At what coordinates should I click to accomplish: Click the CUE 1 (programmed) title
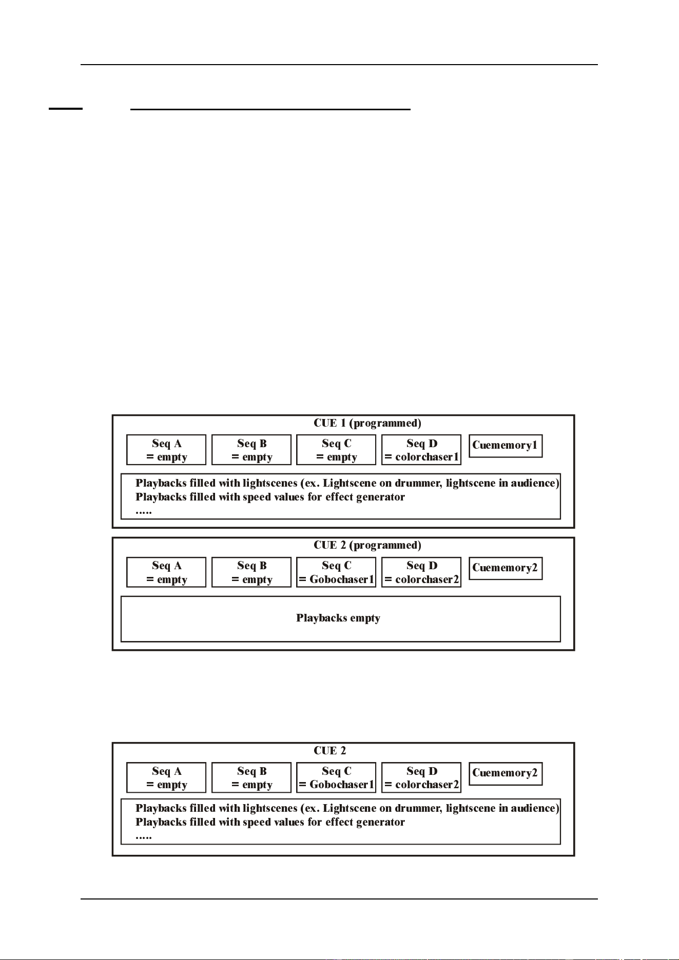pos(367,423)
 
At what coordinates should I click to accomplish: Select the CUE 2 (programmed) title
pos(367,545)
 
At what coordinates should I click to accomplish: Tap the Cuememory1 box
pos(506,446)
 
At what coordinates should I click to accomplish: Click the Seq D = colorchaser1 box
pos(421,450)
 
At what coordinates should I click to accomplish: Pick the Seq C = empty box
pos(336,450)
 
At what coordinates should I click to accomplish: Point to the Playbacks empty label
pos(338,618)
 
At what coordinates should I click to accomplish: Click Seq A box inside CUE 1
pos(166,450)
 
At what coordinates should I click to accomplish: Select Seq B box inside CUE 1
pos(251,450)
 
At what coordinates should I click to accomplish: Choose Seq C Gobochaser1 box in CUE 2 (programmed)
pos(336,572)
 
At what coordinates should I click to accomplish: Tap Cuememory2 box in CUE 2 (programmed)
pos(506,568)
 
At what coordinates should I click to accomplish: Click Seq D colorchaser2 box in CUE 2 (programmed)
pos(421,572)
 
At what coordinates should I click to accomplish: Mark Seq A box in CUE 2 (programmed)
pos(166,572)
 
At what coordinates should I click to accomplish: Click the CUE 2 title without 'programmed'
pos(330,751)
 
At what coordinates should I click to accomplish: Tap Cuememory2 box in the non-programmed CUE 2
pos(506,774)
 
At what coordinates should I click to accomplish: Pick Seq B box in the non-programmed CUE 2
pos(251,777)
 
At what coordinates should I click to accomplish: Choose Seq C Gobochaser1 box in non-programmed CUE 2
pos(336,777)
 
